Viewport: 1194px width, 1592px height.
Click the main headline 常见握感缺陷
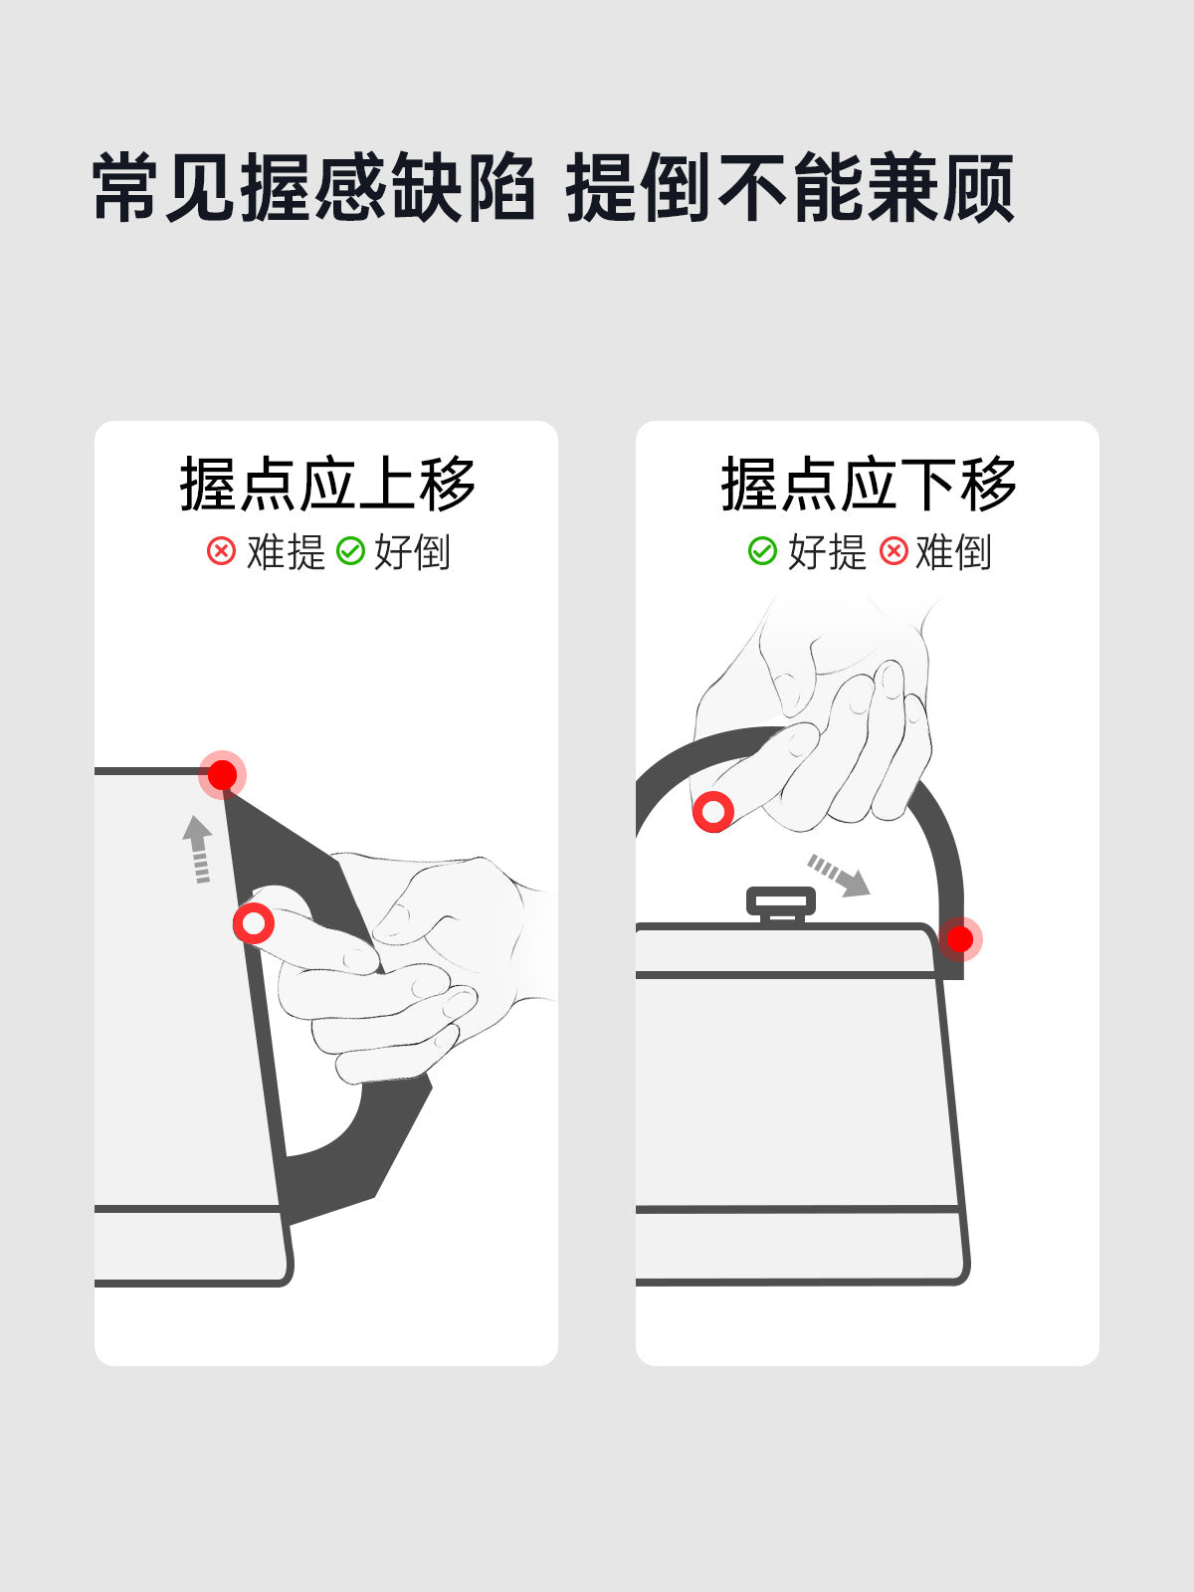(x=313, y=187)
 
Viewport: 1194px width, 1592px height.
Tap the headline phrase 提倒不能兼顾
(x=789, y=187)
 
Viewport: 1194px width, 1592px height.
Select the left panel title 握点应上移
(x=327, y=484)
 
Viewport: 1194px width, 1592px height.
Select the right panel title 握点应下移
(x=869, y=484)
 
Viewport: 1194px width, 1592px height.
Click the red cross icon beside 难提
(x=221, y=551)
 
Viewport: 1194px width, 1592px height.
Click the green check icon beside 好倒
(x=351, y=551)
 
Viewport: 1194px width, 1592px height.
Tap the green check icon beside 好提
(x=762, y=551)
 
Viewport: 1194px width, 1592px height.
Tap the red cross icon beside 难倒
(x=894, y=551)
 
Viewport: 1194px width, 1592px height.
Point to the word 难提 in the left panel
(x=286, y=552)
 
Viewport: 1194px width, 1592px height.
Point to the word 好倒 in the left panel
(x=412, y=552)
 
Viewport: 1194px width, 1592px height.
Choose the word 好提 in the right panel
(x=827, y=552)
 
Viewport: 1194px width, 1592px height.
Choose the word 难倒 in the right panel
(x=953, y=552)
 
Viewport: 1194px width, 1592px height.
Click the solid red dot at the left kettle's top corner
(x=223, y=774)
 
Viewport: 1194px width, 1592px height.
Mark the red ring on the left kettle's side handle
(x=254, y=923)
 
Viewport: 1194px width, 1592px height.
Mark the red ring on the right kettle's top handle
(x=713, y=811)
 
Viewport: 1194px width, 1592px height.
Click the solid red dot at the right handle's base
(x=960, y=939)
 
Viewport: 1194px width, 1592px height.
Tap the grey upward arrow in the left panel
(x=198, y=849)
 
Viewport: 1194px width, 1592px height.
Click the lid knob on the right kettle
(x=781, y=904)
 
